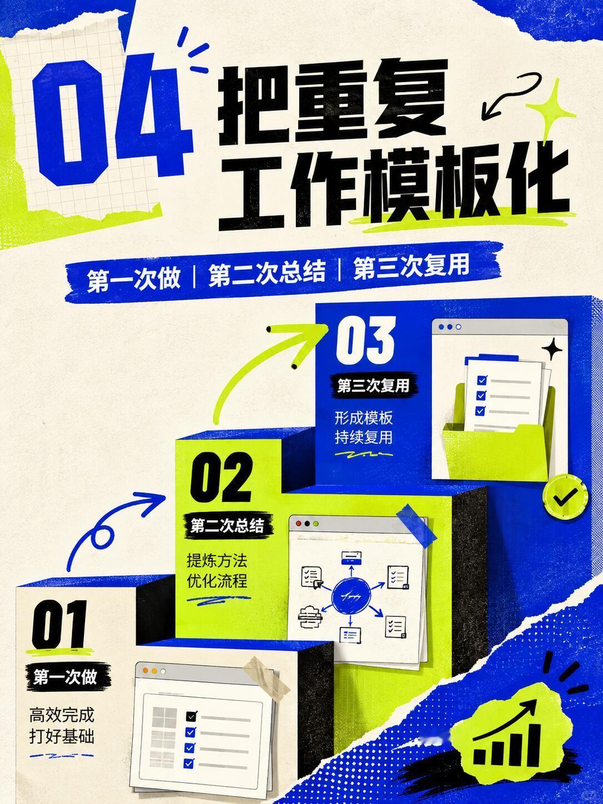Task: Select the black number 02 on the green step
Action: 222,477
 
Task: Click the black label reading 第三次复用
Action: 373,386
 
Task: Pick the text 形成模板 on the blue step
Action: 364,418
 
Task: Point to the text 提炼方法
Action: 217,561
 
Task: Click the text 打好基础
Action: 62,737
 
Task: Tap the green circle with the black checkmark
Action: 565,497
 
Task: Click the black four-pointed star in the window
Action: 552,349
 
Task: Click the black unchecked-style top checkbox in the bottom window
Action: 192,715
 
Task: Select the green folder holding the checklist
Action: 498,443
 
